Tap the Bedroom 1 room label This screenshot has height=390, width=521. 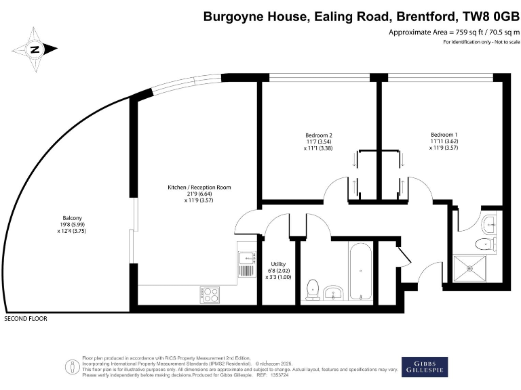(443, 134)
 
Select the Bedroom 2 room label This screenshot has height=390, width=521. (318, 135)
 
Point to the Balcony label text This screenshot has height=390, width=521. (71, 217)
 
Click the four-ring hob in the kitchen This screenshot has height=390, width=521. (210, 295)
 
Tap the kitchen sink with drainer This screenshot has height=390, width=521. (245, 265)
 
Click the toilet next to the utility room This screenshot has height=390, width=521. (313, 289)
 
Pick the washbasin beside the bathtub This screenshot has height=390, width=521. (332, 292)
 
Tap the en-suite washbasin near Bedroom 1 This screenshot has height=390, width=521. (490, 221)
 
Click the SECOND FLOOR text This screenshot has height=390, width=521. (26, 318)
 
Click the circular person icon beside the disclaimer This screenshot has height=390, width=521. (72, 366)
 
